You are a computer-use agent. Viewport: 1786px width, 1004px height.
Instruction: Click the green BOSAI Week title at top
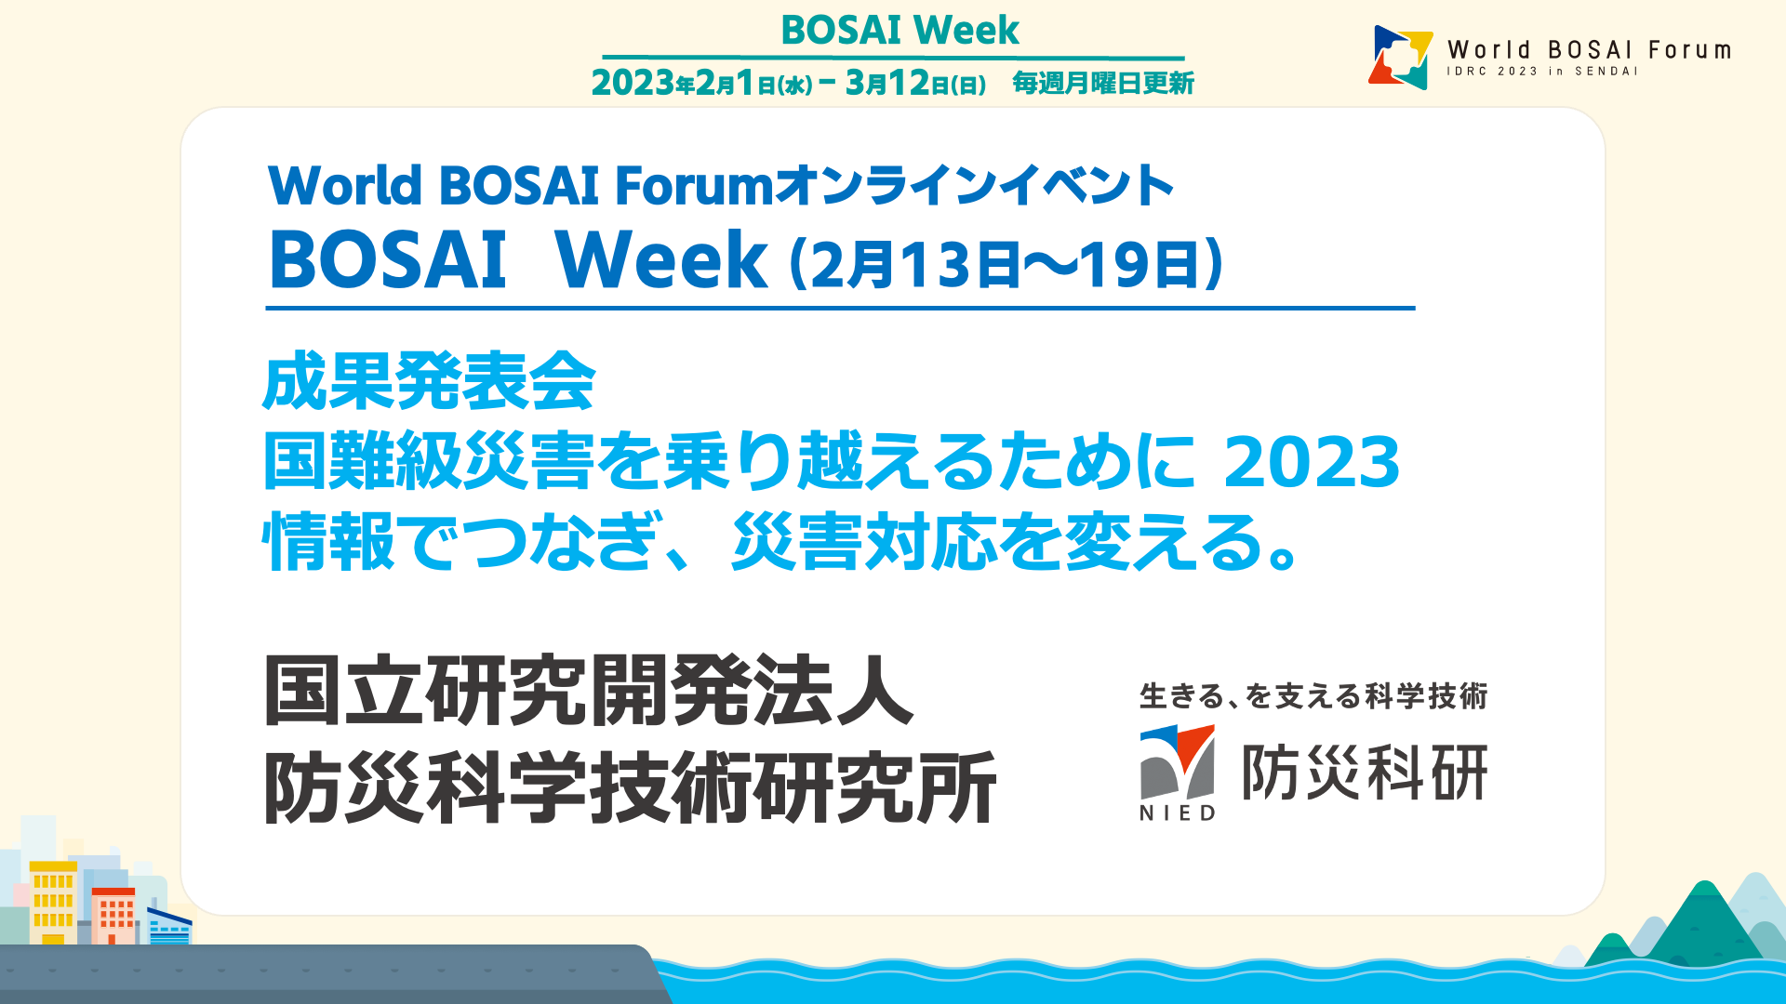(x=900, y=30)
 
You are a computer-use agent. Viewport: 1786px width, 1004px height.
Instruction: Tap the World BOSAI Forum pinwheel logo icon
(x=1400, y=57)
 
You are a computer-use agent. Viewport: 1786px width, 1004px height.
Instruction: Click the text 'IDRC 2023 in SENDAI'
(x=1541, y=72)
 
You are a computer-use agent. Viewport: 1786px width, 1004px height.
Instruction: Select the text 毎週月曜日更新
(x=1103, y=84)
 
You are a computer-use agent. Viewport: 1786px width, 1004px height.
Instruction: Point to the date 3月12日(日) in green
(x=915, y=84)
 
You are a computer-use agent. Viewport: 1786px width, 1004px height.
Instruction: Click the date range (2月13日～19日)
(x=1006, y=264)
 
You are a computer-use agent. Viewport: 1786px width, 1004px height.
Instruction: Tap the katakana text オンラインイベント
(x=975, y=185)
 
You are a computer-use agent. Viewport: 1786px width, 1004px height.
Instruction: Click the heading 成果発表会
(x=429, y=381)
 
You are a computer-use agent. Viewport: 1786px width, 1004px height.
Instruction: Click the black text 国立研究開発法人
(x=589, y=691)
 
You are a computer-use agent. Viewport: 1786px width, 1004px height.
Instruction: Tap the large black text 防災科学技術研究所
(x=630, y=788)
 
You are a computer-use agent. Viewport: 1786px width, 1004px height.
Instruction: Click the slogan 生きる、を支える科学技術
(x=1313, y=696)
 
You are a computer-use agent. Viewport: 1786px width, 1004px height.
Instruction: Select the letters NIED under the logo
(x=1178, y=813)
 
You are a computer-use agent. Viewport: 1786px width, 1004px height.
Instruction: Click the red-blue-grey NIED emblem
(x=1178, y=761)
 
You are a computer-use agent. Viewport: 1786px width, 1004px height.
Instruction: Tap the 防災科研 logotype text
(x=1366, y=773)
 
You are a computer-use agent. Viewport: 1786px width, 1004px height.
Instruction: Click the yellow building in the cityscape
(x=53, y=903)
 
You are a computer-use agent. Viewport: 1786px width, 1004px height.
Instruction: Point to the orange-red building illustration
(x=113, y=916)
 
